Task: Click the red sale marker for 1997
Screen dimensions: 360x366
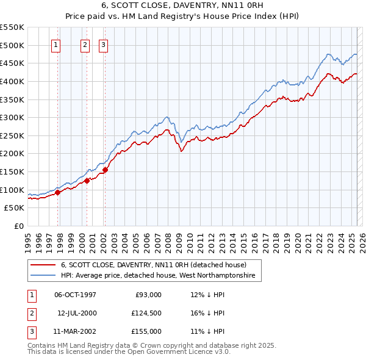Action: pyautogui.click(x=58, y=192)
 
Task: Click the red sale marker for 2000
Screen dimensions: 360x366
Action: pyautogui.click(x=87, y=181)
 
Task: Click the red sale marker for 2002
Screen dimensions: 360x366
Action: pyautogui.click(x=105, y=170)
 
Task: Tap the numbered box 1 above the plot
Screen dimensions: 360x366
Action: pyautogui.click(x=56, y=45)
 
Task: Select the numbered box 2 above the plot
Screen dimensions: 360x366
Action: pyautogui.click(x=85, y=45)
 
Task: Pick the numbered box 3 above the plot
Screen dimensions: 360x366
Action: pyautogui.click(x=103, y=45)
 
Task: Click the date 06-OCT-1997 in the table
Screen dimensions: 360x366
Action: pyautogui.click(x=75, y=295)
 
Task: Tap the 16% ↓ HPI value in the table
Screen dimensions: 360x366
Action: pyautogui.click(x=207, y=313)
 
